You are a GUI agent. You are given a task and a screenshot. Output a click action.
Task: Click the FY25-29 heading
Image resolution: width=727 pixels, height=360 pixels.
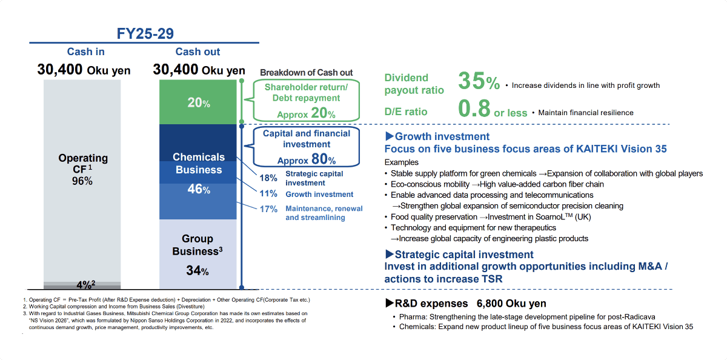[145, 34]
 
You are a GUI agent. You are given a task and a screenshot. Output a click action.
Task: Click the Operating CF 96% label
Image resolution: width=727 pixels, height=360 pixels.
[83, 169]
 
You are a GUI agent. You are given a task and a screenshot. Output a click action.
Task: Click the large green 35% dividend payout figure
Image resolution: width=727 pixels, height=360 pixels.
[479, 82]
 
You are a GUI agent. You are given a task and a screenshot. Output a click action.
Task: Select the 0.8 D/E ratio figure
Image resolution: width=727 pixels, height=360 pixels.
[474, 109]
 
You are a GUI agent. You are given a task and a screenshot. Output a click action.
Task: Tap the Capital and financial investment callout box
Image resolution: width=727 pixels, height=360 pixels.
[305, 146]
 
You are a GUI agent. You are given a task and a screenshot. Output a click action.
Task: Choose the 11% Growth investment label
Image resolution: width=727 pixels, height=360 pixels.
[303, 195]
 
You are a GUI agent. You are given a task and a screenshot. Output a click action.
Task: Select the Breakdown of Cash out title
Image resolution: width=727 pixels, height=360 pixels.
[306, 73]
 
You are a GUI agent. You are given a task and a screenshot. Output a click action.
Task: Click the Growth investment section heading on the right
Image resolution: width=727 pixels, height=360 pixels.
[437, 136]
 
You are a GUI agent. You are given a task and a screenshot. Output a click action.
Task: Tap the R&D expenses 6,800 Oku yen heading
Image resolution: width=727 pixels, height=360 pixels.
[465, 303]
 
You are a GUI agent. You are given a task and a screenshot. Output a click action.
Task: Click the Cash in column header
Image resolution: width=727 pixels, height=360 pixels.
[85, 52]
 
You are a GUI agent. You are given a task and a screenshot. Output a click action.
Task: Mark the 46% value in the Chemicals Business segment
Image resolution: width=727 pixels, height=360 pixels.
[198, 189]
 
